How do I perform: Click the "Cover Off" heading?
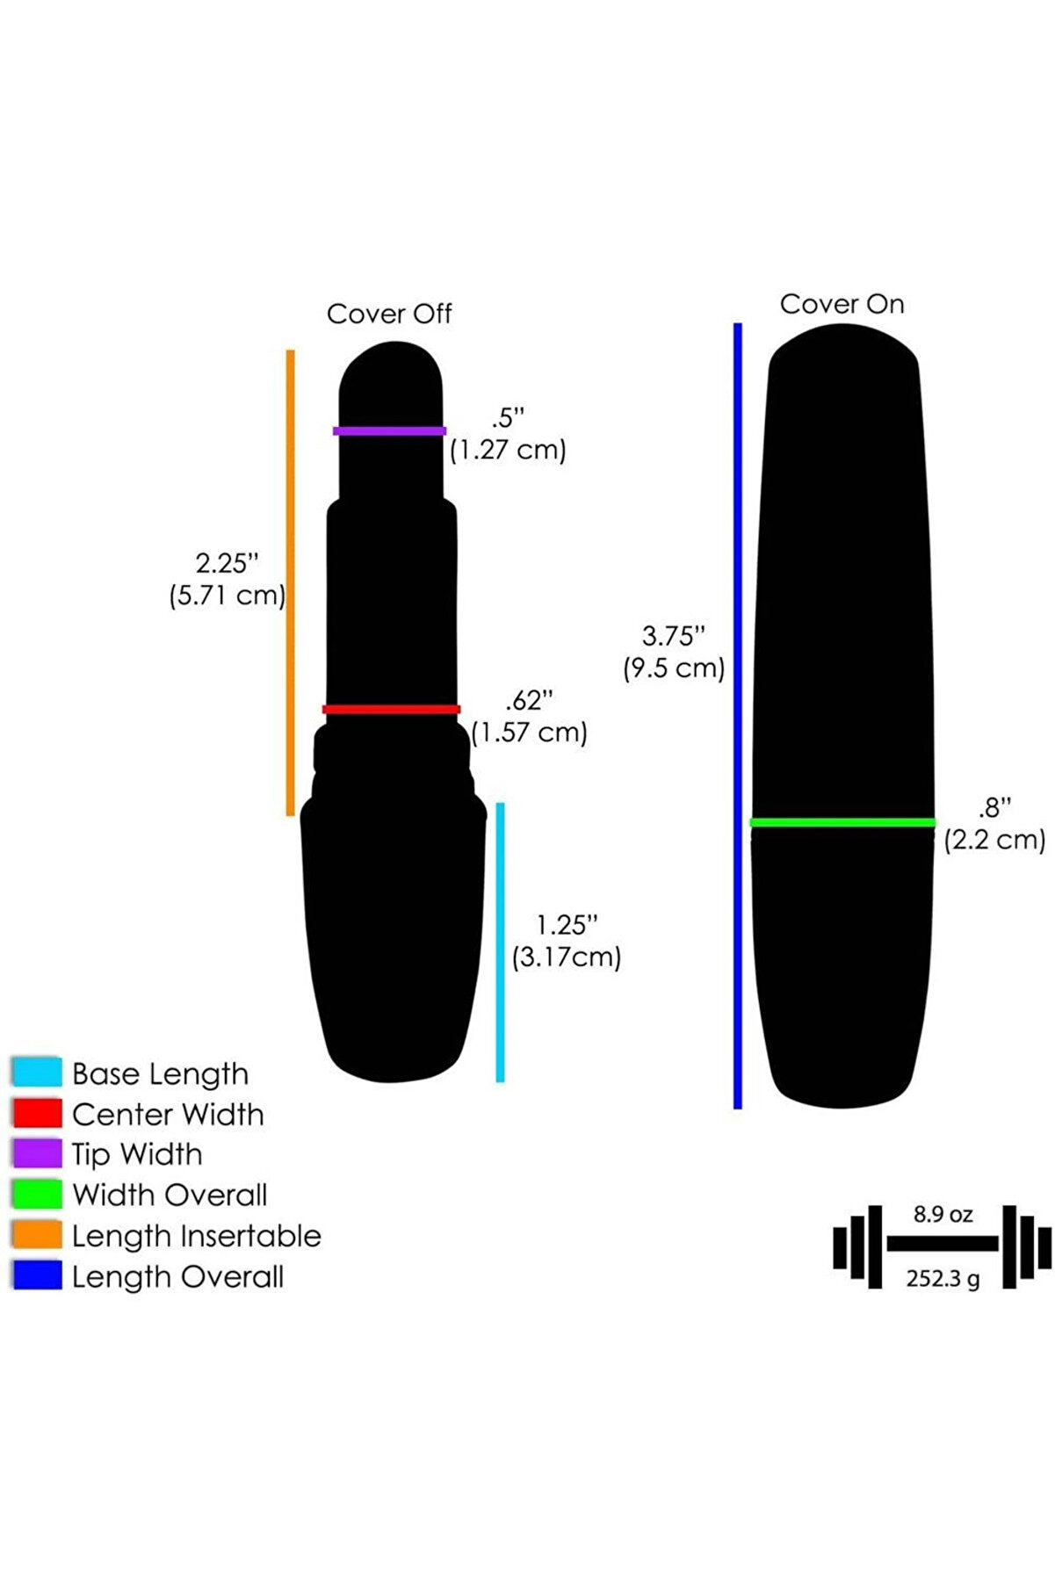(x=389, y=314)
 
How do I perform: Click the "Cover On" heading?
(x=842, y=304)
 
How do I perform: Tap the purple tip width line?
(x=389, y=431)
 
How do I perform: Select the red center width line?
(x=391, y=709)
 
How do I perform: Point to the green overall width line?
(x=842, y=822)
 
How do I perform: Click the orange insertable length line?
(x=291, y=582)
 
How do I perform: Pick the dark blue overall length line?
(x=738, y=716)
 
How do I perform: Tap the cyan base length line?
(x=500, y=942)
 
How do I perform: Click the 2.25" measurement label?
(x=227, y=563)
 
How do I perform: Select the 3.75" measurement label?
(x=674, y=635)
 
